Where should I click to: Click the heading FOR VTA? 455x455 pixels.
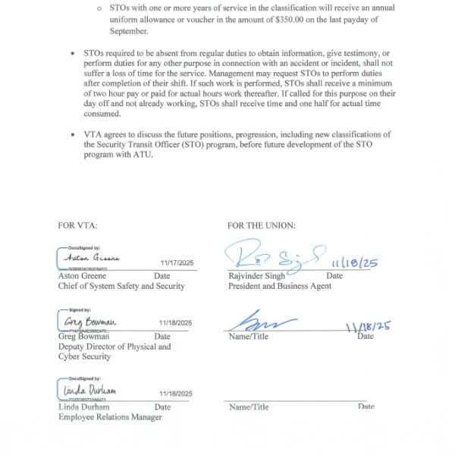(x=77, y=225)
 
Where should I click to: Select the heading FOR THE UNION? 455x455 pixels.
(x=262, y=225)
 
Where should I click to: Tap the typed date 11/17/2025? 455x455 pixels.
(x=176, y=262)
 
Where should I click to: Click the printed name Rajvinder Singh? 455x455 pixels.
(x=256, y=276)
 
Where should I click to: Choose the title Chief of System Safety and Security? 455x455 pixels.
(x=121, y=287)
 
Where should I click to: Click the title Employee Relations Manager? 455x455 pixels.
(x=110, y=417)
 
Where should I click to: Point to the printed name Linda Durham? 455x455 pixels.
(x=83, y=407)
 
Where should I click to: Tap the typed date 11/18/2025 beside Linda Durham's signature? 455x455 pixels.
(x=176, y=394)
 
